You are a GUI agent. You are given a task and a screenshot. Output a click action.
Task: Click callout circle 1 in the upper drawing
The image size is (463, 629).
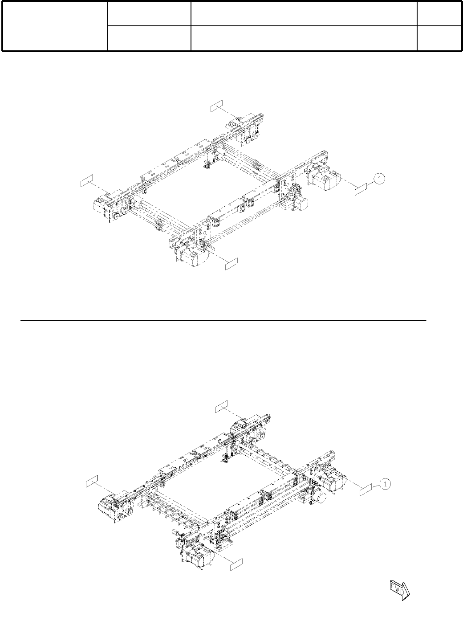[379, 179]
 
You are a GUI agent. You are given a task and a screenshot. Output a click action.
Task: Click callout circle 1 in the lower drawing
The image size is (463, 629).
[386, 483]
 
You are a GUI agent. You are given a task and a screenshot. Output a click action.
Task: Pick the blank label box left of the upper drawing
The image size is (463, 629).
[87, 180]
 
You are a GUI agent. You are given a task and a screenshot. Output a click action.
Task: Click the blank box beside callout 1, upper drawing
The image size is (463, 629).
[361, 191]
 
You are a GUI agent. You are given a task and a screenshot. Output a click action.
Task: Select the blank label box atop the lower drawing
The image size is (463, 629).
[221, 406]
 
